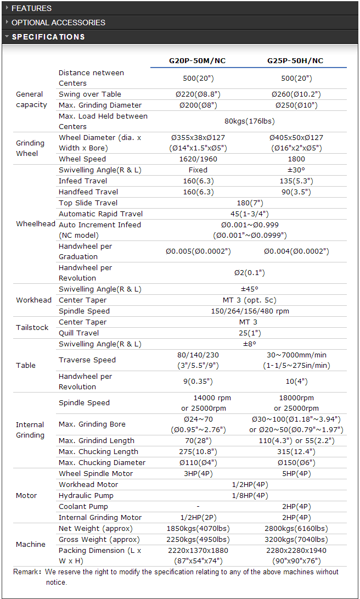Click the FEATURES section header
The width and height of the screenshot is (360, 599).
pos(32,8)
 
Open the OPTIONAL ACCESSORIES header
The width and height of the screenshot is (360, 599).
pos(58,23)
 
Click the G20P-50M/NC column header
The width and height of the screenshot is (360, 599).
pos(198,61)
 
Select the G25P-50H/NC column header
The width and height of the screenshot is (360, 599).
pos(295,61)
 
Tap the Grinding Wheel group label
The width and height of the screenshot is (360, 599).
pos(30,148)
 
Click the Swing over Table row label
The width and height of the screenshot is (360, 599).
pos(90,94)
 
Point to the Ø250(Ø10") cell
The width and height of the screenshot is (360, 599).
pos(296,105)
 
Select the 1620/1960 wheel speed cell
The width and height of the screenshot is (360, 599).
pos(198,159)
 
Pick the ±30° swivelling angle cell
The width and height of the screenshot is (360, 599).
pos(296,170)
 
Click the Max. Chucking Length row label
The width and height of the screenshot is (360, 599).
pos(98,452)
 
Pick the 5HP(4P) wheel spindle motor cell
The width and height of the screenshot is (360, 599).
pos(296,474)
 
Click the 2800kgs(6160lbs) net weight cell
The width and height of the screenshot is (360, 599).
pos(296,529)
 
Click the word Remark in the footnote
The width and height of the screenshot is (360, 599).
pos(26,572)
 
